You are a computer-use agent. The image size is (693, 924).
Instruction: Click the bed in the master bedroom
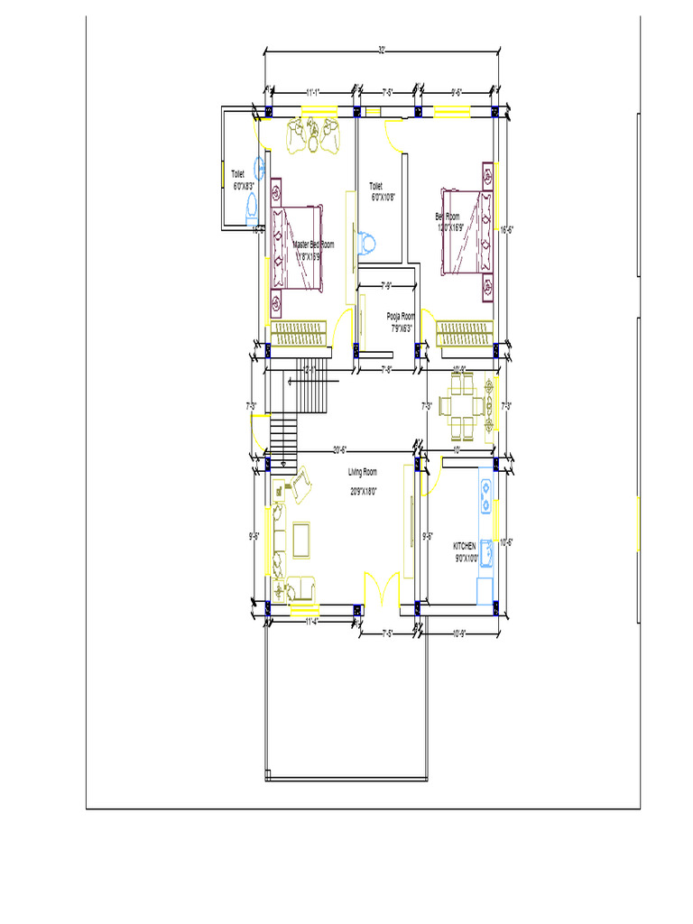(x=296, y=248)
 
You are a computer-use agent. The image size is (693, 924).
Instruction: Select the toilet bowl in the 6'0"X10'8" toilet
(x=366, y=244)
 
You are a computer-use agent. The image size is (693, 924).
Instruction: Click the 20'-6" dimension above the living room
(x=340, y=449)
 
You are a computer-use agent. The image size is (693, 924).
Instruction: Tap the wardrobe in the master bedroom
(x=299, y=333)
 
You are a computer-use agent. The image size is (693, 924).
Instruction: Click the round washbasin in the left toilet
(x=260, y=167)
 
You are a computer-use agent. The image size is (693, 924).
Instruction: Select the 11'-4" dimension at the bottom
(x=312, y=622)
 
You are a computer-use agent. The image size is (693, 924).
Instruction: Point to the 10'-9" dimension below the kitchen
(x=457, y=633)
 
